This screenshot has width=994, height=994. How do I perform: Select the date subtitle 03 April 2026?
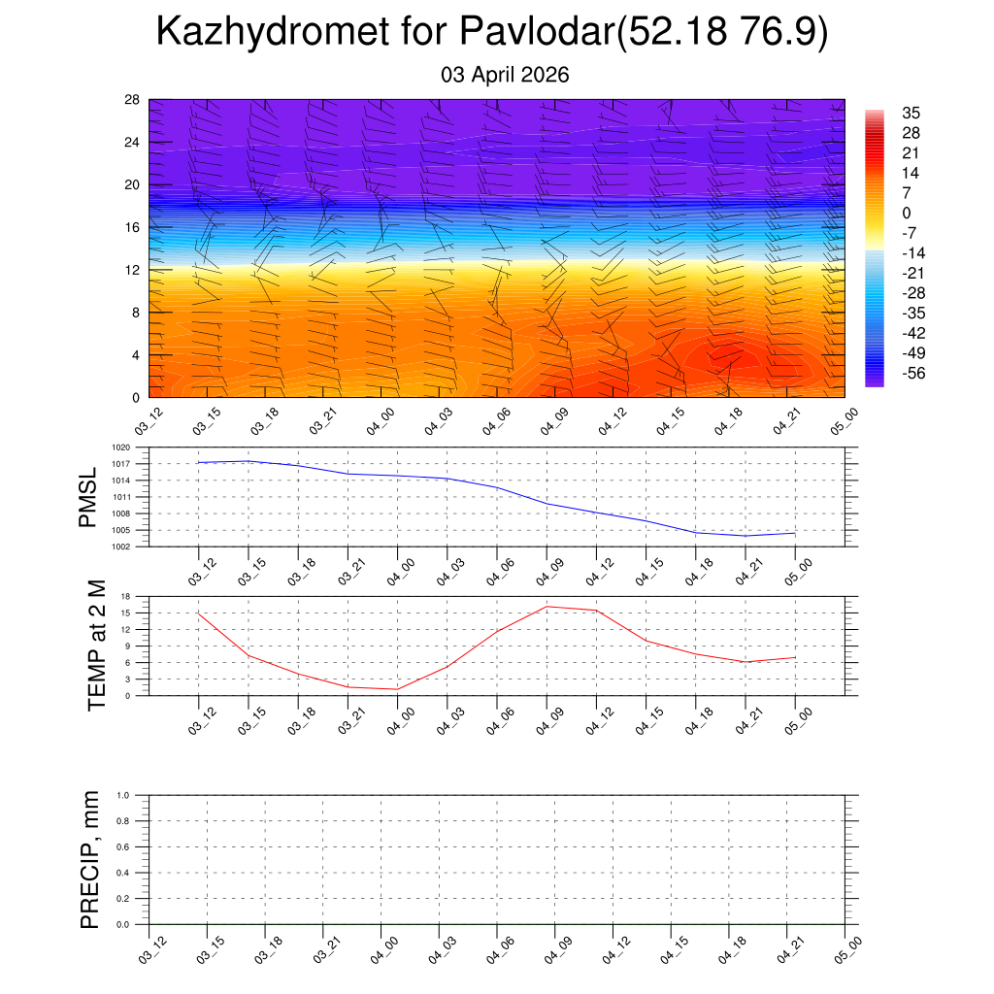505,75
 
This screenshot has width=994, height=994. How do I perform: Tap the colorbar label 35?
911,113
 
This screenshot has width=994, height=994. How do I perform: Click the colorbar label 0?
907,213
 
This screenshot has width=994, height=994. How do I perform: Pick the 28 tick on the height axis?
133,100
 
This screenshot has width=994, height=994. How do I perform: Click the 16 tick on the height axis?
133,227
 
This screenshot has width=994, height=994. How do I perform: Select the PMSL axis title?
89,497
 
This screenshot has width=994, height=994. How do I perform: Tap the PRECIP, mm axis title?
90,859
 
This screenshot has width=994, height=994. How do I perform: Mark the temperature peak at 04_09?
547,607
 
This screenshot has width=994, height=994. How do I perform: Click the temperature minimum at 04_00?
397,689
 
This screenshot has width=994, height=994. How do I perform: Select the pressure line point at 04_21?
745,536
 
